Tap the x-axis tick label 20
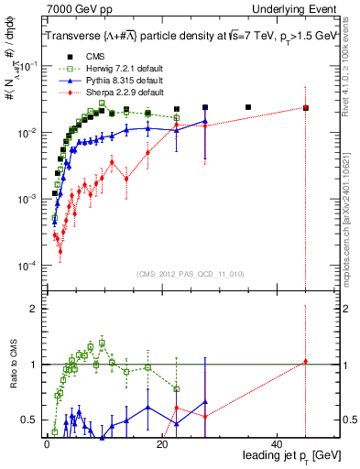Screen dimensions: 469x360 [x=162, y=443]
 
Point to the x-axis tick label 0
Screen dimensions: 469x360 [x=47, y=443]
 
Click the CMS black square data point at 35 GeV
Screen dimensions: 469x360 [x=248, y=107]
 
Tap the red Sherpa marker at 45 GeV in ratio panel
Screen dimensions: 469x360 [x=306, y=362]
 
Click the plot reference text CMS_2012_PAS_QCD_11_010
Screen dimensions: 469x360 [x=191, y=274]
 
